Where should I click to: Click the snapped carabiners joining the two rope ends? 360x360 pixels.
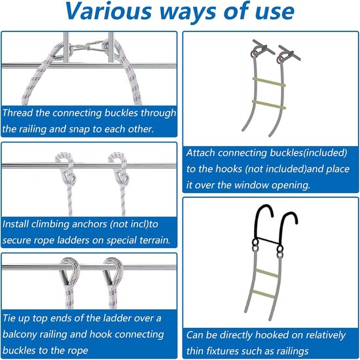click(x=87, y=46)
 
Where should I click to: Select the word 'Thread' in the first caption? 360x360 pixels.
click(x=18, y=113)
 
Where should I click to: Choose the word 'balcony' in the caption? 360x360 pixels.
click(x=19, y=334)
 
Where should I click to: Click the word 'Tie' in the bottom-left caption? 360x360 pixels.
click(x=9, y=318)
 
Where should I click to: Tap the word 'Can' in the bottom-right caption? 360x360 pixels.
click(x=195, y=335)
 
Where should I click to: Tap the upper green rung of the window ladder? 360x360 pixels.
click(x=269, y=82)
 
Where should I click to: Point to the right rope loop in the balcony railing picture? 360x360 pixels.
click(x=113, y=271)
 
